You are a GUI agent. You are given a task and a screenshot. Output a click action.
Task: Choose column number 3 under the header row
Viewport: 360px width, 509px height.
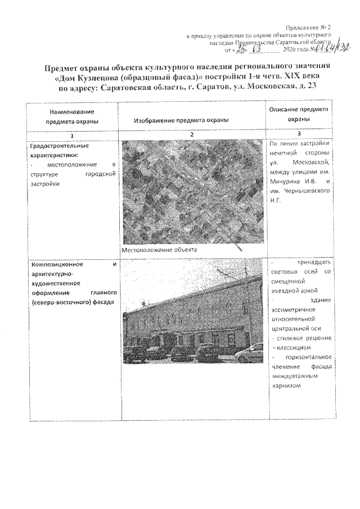tap(299, 133)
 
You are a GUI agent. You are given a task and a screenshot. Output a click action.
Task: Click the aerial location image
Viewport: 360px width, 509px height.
tap(193, 192)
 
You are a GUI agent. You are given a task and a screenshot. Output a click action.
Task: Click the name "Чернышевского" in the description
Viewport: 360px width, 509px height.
tap(305, 192)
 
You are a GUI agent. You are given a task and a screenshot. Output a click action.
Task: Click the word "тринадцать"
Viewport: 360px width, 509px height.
tap(312, 263)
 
